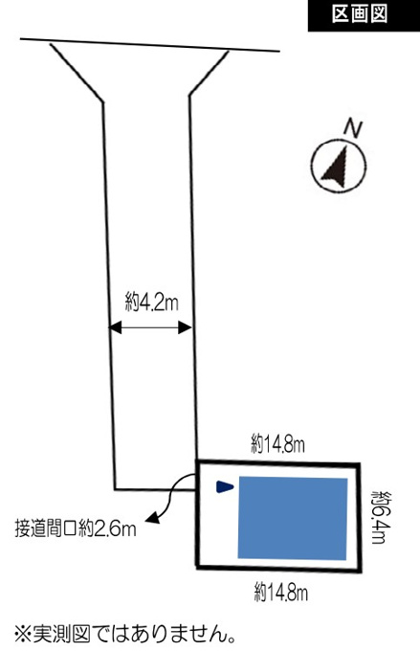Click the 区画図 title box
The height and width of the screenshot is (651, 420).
coord(364,15)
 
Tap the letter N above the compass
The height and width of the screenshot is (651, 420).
coord(353,128)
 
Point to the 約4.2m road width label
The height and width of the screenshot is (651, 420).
coord(152,302)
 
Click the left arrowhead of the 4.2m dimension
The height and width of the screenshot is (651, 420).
coord(115,327)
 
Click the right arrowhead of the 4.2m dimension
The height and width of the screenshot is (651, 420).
coord(185,327)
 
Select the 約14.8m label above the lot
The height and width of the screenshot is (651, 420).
coord(277,444)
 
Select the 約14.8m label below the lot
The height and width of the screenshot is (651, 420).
coord(281,593)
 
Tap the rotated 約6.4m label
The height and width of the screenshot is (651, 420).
coord(382,517)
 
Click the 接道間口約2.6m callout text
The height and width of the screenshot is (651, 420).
coord(76,529)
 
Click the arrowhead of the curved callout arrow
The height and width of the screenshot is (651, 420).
coord(154,517)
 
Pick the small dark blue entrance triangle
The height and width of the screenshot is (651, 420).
coord(225,486)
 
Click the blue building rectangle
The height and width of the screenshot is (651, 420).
coord(293,518)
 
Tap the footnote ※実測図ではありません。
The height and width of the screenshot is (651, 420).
coord(125,634)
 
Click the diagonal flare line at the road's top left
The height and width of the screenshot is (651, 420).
coord(77,72)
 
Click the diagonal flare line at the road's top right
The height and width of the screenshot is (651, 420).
coord(209,74)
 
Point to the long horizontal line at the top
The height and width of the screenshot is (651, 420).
coord(150,45)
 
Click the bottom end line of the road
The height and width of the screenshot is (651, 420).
coord(155,489)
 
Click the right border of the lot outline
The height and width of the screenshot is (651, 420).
coord(359,518)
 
